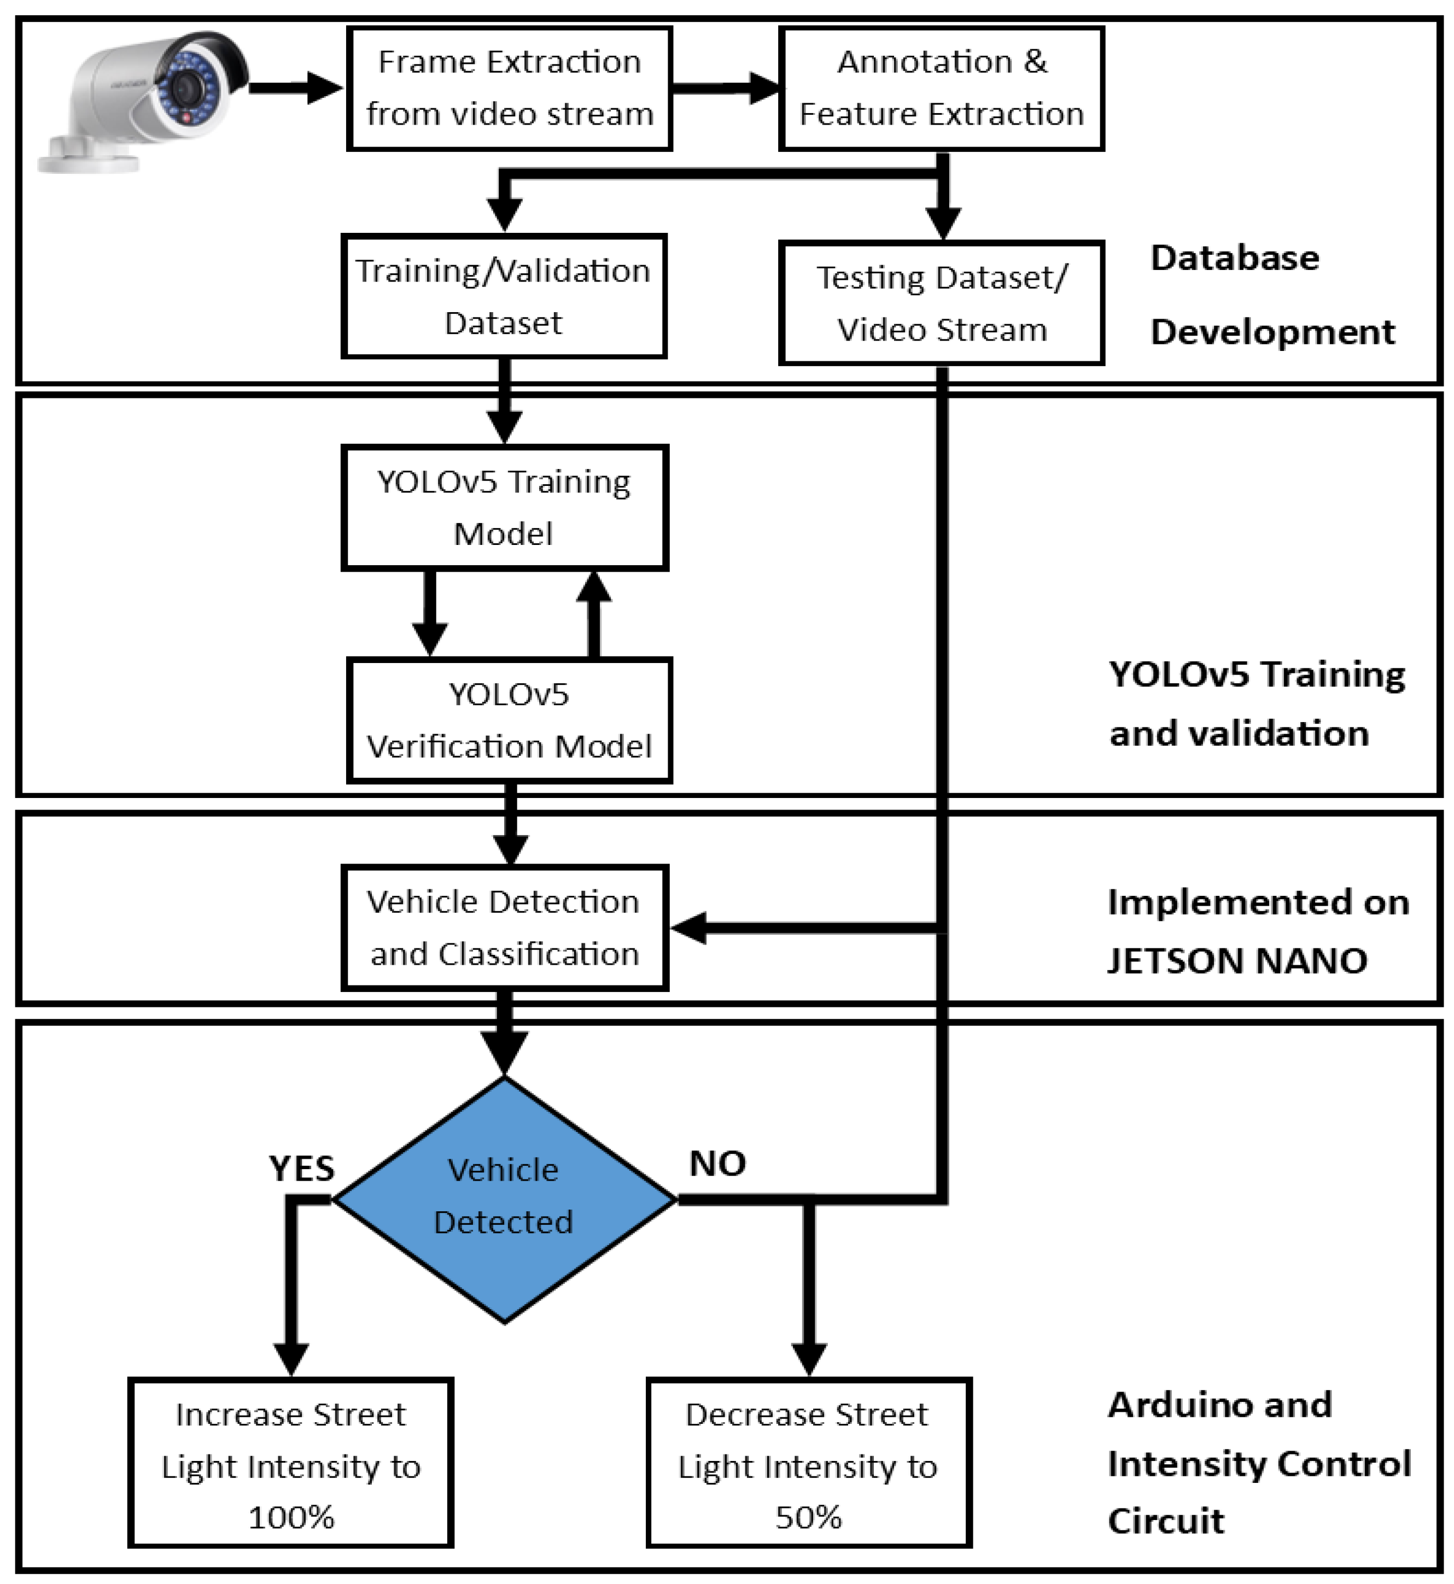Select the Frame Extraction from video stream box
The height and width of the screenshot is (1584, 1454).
pyautogui.click(x=509, y=88)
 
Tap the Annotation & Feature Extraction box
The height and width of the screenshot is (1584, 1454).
pyautogui.click(x=942, y=88)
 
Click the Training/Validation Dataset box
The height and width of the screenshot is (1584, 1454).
pyautogui.click(x=504, y=296)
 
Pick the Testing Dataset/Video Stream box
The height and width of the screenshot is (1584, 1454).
pyautogui.click(x=942, y=303)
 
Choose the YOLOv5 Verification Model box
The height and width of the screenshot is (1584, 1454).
pyautogui.click(x=510, y=720)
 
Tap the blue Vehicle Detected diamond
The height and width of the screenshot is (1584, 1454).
pyautogui.click(x=504, y=1199)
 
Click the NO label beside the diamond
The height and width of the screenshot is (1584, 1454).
pyautogui.click(x=717, y=1163)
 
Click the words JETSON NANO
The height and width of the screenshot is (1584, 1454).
pyautogui.click(x=1237, y=960)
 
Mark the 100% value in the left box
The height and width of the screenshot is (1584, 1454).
pyautogui.click(x=291, y=1517)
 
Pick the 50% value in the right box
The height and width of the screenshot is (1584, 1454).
pyautogui.click(x=809, y=1517)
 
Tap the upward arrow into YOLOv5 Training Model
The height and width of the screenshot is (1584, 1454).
pyautogui.click(x=594, y=613)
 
